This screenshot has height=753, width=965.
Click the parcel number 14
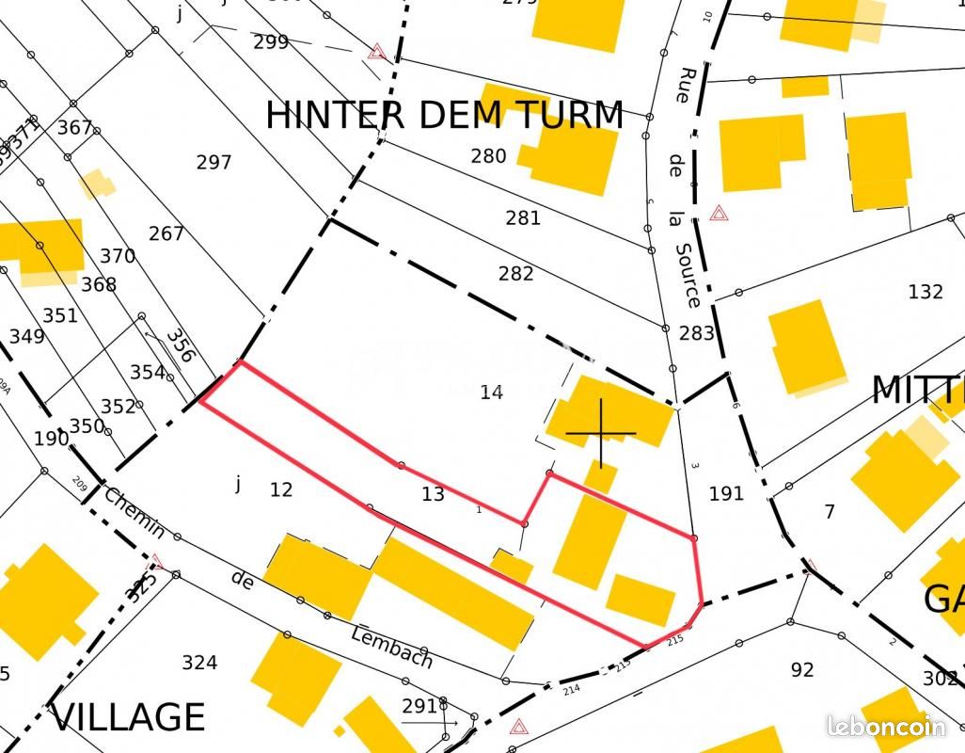[x=491, y=393]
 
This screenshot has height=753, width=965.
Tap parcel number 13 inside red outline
[x=433, y=494]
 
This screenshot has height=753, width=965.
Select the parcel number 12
[x=280, y=489]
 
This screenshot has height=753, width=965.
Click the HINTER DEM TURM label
[x=444, y=115]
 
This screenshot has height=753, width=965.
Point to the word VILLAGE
[x=128, y=717]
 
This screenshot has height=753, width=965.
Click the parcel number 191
[x=725, y=493]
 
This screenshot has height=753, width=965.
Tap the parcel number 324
[x=199, y=663]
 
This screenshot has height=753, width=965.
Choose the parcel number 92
[x=801, y=670]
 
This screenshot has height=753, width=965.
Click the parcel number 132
[x=925, y=292]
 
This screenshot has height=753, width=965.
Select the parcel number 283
[x=696, y=333]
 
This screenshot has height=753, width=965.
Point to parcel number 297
[x=214, y=162]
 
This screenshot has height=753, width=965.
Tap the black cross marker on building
[x=601, y=433]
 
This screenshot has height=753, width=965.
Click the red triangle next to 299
[x=377, y=51]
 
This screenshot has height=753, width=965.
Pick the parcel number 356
[x=180, y=344]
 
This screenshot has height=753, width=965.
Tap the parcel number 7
[x=829, y=512]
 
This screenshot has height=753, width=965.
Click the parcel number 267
[x=166, y=233]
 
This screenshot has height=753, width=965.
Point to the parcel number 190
[x=51, y=439]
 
